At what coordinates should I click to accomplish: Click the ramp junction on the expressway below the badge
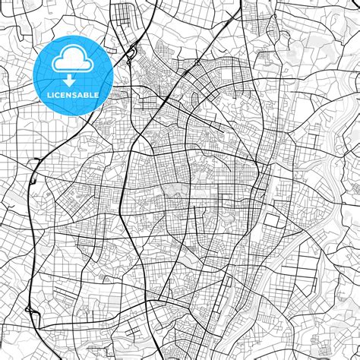[x=36, y=163]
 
